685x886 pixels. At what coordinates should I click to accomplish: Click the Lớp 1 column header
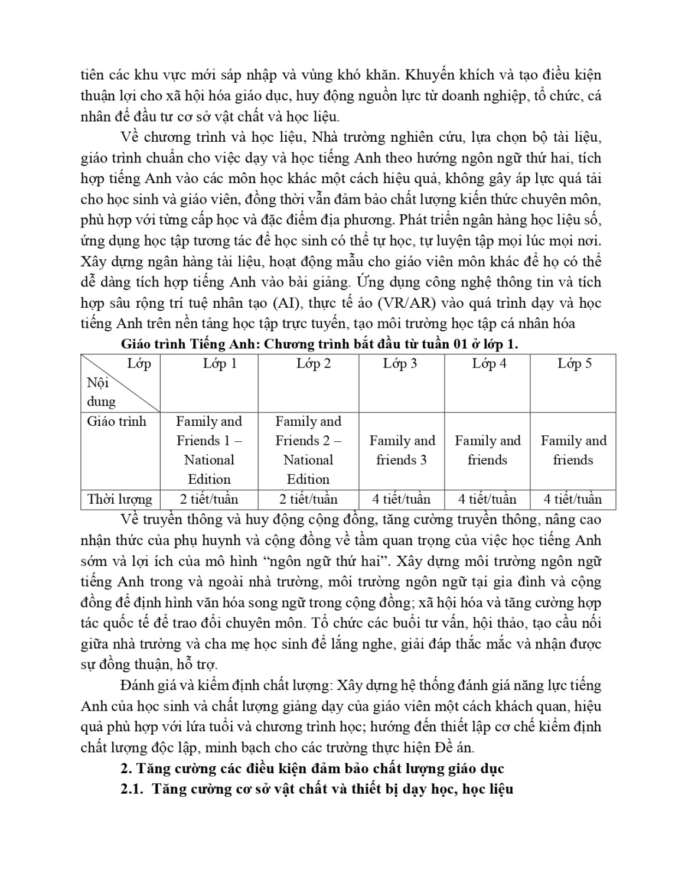point(220,363)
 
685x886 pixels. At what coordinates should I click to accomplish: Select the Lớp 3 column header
point(400,363)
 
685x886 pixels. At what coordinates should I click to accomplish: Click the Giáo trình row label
point(116,422)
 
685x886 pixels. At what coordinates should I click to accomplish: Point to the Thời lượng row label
point(119,499)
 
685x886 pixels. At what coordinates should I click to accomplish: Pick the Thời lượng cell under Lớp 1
point(209,499)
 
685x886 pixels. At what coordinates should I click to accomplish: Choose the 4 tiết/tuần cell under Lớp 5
point(573,499)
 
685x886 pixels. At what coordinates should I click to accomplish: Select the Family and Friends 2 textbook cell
point(308,450)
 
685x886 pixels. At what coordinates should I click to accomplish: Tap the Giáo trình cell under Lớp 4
point(488,450)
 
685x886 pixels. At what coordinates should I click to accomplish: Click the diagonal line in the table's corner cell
point(121,383)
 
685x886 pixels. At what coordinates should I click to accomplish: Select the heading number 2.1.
point(132,789)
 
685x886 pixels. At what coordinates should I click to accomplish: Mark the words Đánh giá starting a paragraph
point(146,686)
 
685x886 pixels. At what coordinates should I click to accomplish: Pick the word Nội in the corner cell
point(97,383)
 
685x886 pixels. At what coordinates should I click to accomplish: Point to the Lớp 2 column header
point(313,363)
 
